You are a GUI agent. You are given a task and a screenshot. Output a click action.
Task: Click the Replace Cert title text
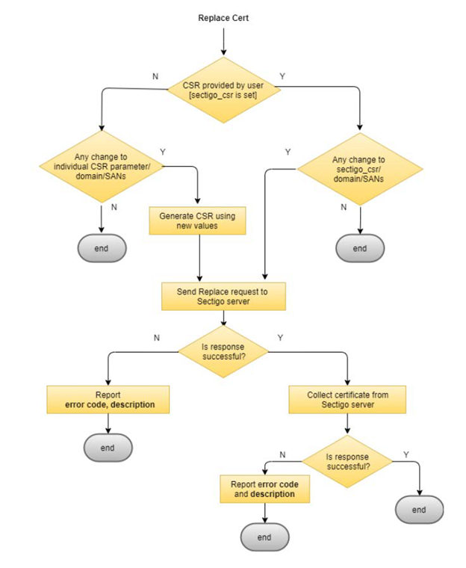223,17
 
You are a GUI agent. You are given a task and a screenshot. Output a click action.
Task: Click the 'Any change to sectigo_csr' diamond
360,168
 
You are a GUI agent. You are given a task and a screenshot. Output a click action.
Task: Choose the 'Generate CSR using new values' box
198,220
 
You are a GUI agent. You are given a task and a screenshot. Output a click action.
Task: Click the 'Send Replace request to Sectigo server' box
223,295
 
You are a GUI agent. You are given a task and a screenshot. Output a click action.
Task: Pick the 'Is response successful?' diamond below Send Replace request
223,351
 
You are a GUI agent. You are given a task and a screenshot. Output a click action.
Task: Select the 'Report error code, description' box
109,400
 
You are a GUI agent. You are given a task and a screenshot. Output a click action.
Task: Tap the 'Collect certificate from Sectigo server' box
347,400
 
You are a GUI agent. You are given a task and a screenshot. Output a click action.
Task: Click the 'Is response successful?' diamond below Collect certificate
347,458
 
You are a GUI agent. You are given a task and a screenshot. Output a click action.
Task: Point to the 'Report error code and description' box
264,489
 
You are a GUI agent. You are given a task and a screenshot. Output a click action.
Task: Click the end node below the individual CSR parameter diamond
102,247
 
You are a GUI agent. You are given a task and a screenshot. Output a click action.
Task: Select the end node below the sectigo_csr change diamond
360,248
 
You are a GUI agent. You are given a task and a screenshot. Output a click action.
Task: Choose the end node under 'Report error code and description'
264,537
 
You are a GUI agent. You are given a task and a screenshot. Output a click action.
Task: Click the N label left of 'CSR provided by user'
155,76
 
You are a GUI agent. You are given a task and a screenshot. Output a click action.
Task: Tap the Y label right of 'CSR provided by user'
282,76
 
